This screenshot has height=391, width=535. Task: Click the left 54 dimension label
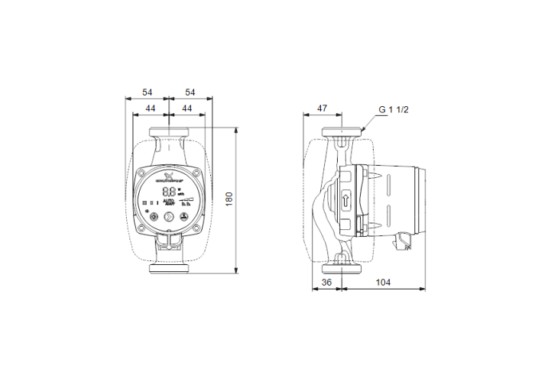[146, 92]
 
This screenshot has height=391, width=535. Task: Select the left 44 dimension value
[151, 110]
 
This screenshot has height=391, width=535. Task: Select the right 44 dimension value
[186, 110]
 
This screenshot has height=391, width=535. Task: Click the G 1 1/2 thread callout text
[394, 110]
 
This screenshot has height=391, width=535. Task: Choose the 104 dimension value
[384, 283]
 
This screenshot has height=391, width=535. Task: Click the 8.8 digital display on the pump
[169, 193]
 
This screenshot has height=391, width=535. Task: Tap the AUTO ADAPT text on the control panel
[169, 203]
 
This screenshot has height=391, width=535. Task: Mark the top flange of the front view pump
[169, 131]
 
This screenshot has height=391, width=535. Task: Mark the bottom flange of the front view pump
[169, 268]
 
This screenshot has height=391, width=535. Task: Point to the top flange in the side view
[342, 132]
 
